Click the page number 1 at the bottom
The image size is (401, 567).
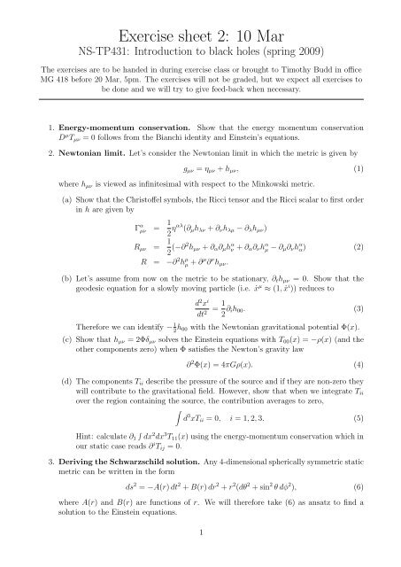pyautogui.click(x=201, y=556)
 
